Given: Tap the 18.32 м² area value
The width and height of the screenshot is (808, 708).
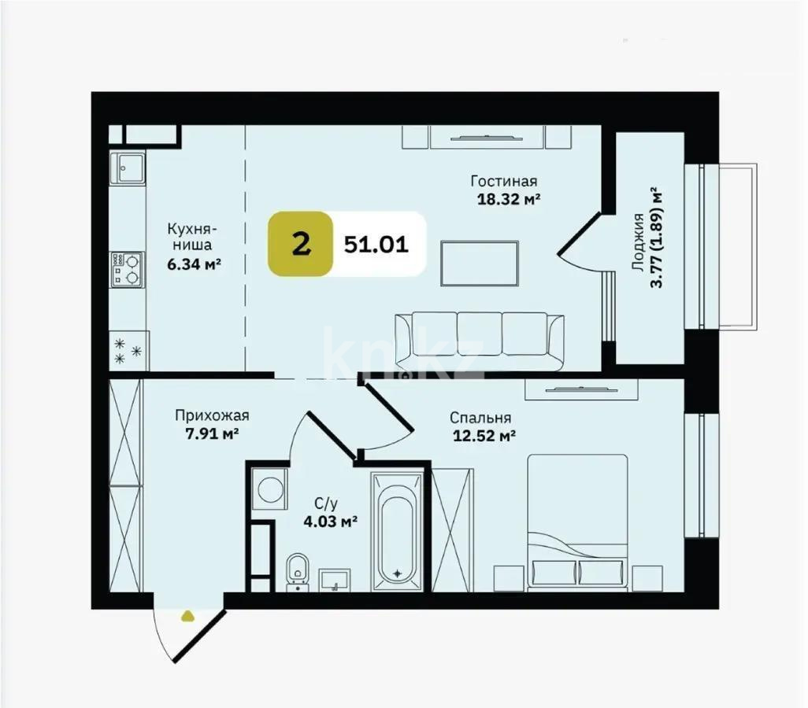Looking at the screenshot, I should click(x=508, y=199).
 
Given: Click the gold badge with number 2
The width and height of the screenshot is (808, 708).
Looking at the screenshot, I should click(x=299, y=245).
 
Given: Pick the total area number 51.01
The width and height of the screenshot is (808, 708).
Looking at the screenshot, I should click(x=376, y=245).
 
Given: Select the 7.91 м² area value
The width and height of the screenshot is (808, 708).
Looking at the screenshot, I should click(x=207, y=433).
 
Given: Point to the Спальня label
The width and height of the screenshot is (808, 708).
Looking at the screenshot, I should click(x=480, y=418).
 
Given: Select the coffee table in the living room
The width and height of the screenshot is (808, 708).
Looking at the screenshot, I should click(x=480, y=264).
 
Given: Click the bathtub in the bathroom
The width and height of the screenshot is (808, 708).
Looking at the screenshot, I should click(x=398, y=532).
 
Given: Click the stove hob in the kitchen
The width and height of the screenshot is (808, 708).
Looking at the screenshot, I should click(x=126, y=267).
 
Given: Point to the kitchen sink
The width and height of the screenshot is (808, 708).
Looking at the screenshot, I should click(x=127, y=167).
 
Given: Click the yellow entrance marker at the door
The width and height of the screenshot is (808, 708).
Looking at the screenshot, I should click(x=187, y=616).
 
